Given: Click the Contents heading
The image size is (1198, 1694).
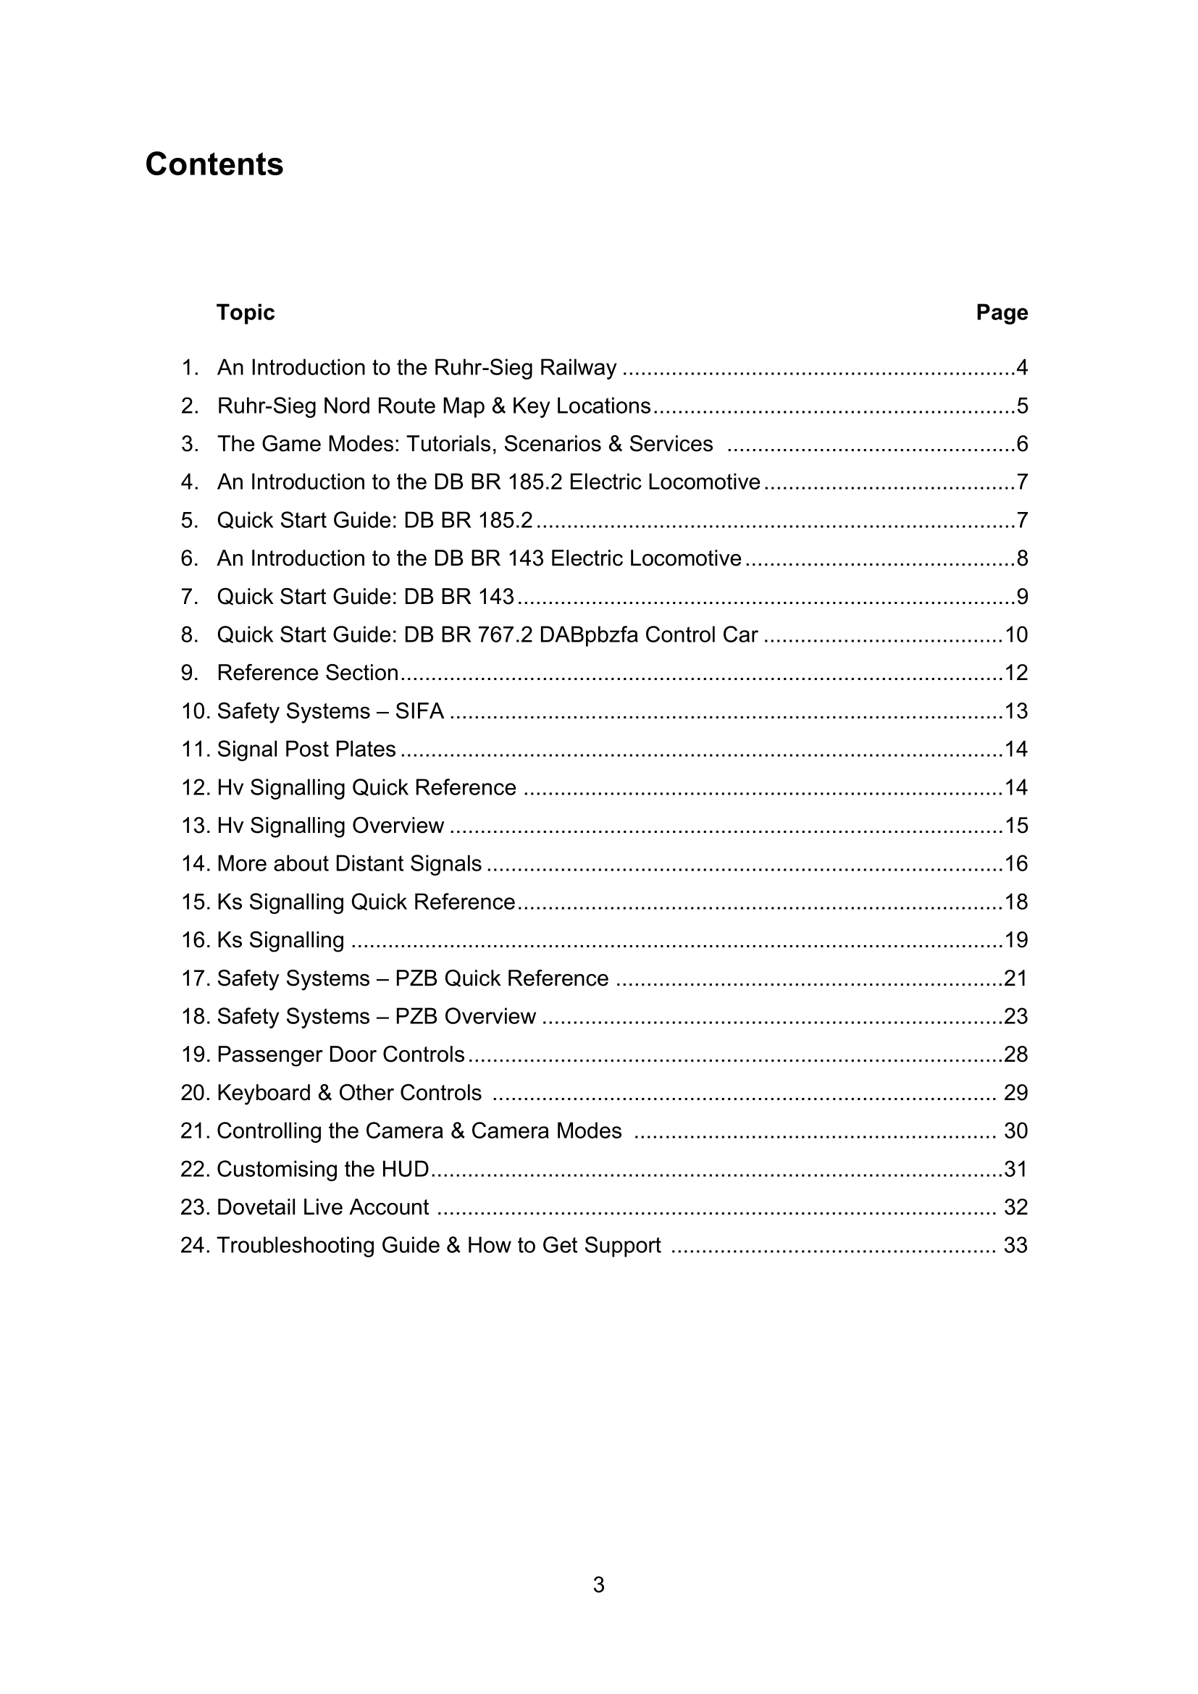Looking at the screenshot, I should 214,164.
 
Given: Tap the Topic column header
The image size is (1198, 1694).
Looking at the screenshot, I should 245,312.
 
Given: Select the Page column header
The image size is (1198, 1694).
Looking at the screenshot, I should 1001,312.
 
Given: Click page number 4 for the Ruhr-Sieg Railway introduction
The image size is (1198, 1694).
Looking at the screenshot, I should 1022,367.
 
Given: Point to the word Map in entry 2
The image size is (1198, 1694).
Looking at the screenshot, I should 464,406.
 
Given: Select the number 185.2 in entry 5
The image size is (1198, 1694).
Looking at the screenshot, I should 505,520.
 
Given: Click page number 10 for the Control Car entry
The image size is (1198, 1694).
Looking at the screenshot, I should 1015,634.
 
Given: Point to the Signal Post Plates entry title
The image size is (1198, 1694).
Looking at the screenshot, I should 306,750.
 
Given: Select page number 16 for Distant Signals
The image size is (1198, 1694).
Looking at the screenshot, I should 1015,864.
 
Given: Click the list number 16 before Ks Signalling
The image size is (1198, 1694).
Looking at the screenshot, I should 196,940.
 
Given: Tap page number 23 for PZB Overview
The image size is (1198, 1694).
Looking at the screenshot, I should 1015,1017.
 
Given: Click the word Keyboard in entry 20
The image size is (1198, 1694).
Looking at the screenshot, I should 264,1093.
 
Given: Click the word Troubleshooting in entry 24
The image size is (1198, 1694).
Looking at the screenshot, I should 295,1246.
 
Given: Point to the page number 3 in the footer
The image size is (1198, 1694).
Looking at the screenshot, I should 598,1585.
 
